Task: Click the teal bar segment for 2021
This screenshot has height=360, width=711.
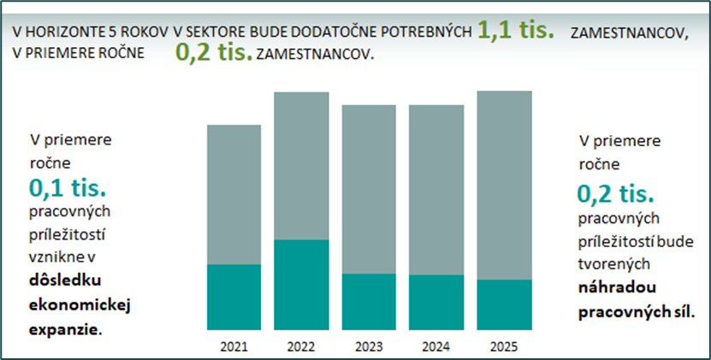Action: click(x=234, y=297)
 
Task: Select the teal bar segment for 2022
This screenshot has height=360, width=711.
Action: click(x=301, y=285)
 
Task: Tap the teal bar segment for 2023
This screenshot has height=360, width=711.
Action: click(x=369, y=301)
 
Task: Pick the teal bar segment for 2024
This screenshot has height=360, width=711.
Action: click(x=436, y=302)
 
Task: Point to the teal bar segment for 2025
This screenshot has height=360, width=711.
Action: click(x=503, y=304)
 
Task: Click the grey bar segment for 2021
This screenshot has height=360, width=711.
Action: click(x=234, y=194)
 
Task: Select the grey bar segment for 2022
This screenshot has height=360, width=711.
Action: click(x=301, y=165)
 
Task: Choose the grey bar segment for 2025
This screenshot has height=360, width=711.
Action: click(x=503, y=185)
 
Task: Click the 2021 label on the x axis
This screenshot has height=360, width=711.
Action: click(x=234, y=347)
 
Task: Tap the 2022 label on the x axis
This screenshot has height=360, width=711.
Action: click(x=301, y=347)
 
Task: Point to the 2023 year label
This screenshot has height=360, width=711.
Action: click(x=369, y=347)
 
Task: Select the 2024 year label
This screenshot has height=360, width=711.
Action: click(x=436, y=347)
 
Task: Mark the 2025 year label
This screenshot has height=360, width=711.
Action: click(x=503, y=347)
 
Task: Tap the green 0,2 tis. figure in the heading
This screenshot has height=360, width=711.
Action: click(x=213, y=53)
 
